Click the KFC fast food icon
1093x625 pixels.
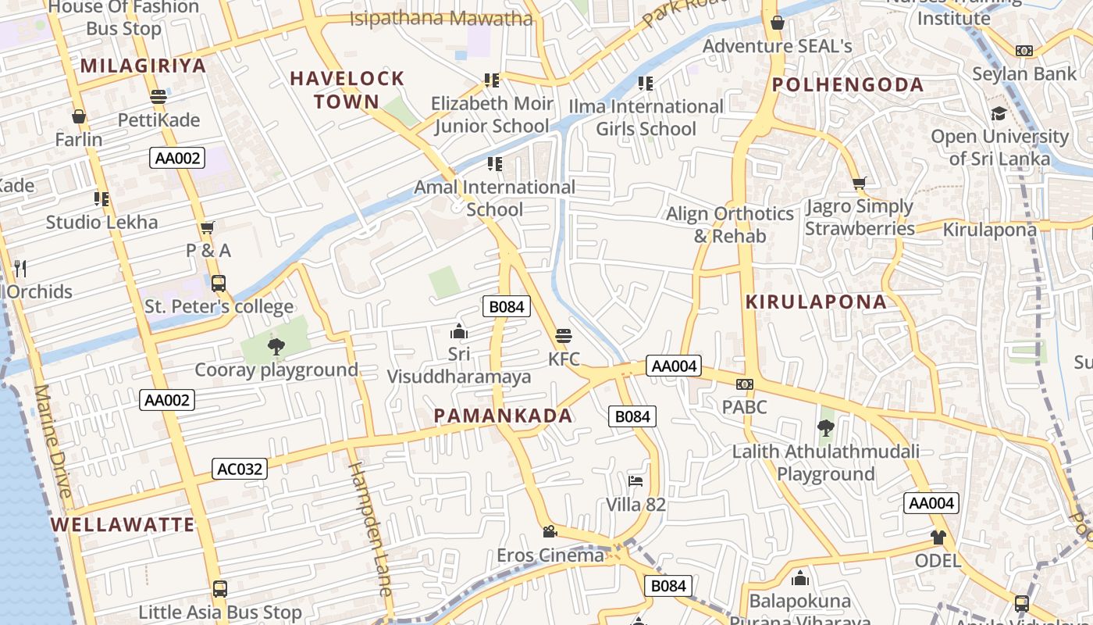click(564, 336)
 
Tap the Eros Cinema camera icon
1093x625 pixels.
click(550, 531)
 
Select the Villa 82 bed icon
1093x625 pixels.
click(636, 480)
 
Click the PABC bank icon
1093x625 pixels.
click(745, 384)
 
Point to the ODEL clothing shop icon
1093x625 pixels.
click(938, 537)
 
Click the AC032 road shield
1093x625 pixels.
click(240, 469)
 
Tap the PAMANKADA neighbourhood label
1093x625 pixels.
click(503, 416)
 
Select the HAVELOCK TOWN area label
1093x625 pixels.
click(347, 89)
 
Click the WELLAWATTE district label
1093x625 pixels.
click(123, 524)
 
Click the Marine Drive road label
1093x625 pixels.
click(52, 441)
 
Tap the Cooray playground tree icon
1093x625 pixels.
click(276, 346)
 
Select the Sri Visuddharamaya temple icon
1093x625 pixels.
click(459, 331)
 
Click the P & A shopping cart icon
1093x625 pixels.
click(208, 227)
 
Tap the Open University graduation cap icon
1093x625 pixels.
click(999, 114)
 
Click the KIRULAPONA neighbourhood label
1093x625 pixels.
click(816, 302)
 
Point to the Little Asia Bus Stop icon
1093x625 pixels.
click(220, 588)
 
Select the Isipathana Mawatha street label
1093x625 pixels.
click(441, 19)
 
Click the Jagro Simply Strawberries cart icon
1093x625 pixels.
click(859, 184)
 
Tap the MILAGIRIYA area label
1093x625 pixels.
click(143, 66)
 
